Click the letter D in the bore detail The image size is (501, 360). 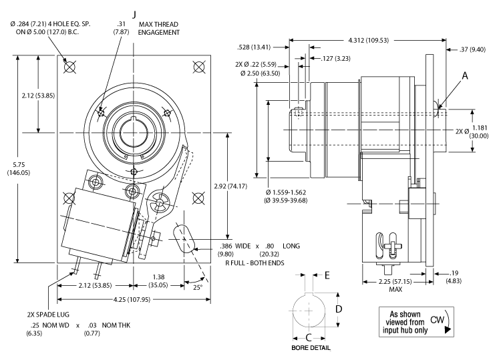point(339,309)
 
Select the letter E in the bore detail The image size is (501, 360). point(327,275)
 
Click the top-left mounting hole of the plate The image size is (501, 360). point(69,66)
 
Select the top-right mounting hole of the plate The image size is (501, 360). point(198,66)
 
